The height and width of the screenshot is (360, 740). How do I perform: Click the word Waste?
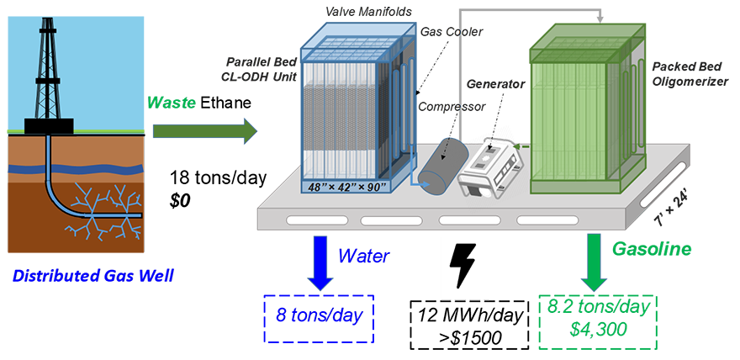click(x=172, y=103)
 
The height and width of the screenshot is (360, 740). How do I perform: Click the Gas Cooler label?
click(x=452, y=31)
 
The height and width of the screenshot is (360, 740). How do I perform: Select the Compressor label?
click(x=452, y=107)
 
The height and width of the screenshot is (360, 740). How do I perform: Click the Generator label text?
click(x=495, y=84)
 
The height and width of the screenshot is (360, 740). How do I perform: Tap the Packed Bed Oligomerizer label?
click(x=689, y=71)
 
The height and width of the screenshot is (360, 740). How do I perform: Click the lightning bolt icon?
click(x=464, y=271)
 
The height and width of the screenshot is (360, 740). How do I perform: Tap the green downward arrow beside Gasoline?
click(x=594, y=256)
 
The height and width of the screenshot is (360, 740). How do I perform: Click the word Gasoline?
click(x=652, y=249)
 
